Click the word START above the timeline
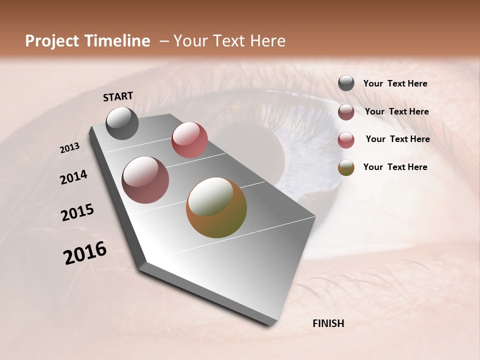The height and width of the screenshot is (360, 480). (118, 96)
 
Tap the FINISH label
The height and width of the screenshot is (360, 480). (328, 323)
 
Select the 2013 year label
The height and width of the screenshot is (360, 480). (69, 148)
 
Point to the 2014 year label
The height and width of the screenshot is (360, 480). (73, 177)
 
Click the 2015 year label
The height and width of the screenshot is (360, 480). (77, 212)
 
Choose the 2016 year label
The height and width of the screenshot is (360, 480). (85, 253)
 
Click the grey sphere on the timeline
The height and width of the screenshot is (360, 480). (122, 123)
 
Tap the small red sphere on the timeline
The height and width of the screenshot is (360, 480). (189, 139)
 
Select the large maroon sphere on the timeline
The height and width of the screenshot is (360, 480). (145, 180)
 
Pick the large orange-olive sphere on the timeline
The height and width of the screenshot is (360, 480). (216, 207)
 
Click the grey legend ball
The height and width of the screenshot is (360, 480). (346, 83)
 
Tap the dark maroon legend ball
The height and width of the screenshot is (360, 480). (346, 112)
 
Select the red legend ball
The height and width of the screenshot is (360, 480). (346, 140)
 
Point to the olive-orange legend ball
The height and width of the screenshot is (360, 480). (346, 167)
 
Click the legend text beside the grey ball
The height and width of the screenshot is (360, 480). (395, 84)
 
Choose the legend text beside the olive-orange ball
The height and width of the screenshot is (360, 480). (395, 167)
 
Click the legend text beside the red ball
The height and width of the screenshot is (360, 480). (397, 139)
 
